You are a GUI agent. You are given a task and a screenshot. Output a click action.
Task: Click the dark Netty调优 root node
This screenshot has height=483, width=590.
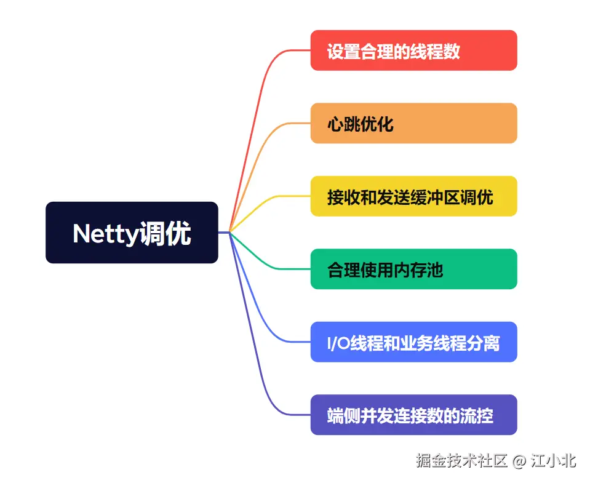132,233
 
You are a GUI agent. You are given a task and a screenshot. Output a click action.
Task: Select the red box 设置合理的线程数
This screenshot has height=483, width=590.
413,50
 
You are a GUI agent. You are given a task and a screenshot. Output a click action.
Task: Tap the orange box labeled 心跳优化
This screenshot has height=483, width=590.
413,123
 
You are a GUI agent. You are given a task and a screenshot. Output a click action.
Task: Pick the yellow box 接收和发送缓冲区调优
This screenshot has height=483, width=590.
413,196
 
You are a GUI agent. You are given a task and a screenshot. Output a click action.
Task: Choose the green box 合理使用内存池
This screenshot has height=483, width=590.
413,269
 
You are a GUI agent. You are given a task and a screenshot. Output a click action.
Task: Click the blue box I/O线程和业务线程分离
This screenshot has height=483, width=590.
413,342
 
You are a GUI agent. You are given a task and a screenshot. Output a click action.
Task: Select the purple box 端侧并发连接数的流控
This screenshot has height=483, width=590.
413,415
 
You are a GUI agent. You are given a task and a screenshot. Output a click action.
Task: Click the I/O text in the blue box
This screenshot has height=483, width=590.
338,343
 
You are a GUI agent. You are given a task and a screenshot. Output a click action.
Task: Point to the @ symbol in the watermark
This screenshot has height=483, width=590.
519,461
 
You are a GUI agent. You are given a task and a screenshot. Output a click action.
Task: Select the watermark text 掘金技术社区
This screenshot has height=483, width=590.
461,461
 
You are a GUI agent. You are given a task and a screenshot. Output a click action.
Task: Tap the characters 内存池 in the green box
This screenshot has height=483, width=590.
425,269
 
